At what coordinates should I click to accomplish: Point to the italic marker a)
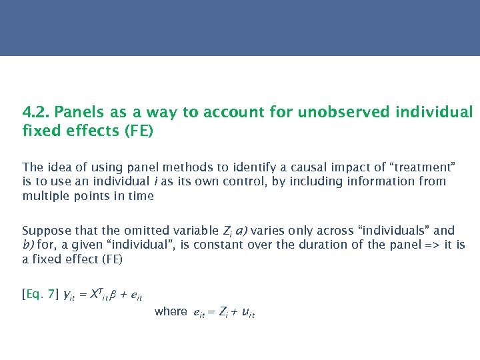pos(243,231)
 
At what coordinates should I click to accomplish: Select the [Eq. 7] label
pos(40,294)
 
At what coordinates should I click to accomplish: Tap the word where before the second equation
pos(171,311)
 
